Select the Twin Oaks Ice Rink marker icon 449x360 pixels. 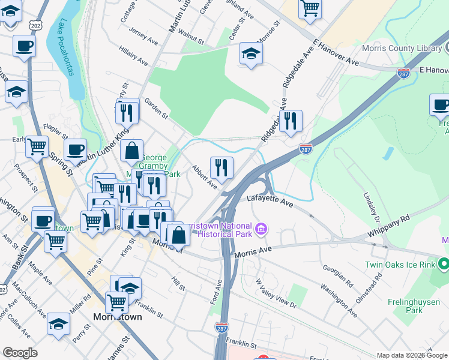tap(444, 264)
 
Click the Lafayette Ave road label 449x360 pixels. tap(270, 201)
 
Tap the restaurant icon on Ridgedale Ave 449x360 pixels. tap(291, 121)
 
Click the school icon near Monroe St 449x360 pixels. tap(251, 53)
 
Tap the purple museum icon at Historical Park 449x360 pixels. tap(261, 229)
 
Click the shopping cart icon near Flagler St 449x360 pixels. tap(37, 146)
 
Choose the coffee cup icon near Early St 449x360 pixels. tap(75, 150)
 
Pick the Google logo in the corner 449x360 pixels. tap(20, 353)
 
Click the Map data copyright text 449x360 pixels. tap(412, 355)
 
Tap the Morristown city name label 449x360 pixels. tap(118, 316)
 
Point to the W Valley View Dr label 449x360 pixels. tap(276, 293)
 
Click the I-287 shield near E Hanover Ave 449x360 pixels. tap(403, 73)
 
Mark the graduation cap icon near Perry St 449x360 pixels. tap(58, 324)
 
